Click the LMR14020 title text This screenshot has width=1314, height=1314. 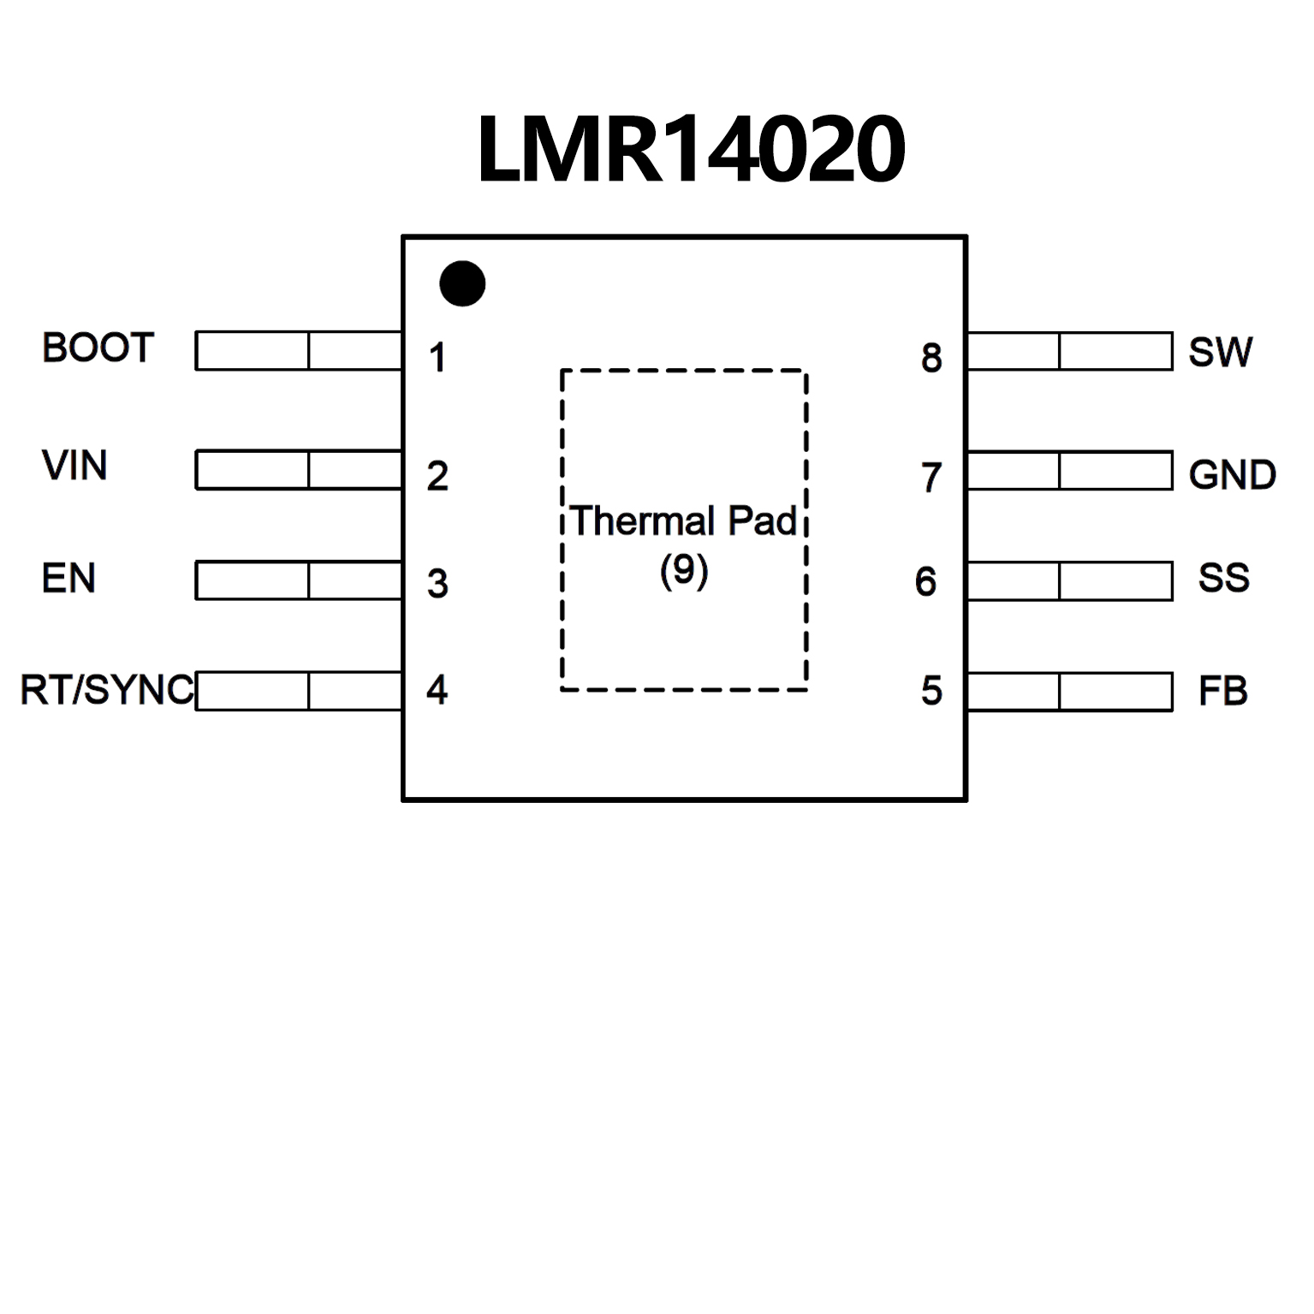click(690, 150)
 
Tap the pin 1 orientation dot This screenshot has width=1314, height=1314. click(462, 283)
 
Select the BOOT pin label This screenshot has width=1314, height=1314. click(98, 348)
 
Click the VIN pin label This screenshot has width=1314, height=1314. click(74, 466)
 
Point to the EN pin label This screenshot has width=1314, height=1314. click(68, 579)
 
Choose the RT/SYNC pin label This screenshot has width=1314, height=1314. click(107, 690)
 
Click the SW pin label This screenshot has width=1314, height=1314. click(1220, 352)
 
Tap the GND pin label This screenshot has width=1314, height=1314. click(1232, 475)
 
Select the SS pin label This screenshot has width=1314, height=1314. click(1223, 579)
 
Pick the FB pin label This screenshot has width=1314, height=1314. click(1222, 692)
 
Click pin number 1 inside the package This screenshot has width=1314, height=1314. click(437, 358)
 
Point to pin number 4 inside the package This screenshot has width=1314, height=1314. click(437, 690)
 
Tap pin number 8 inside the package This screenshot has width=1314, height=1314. click(931, 358)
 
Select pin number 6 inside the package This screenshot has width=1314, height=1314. click(925, 582)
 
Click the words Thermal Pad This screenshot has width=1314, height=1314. click(684, 521)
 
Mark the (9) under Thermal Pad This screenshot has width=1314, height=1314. click(684, 570)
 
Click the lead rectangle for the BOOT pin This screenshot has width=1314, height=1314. click(299, 351)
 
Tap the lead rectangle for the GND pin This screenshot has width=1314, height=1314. click(1069, 471)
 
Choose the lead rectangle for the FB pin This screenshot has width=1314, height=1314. click(1069, 692)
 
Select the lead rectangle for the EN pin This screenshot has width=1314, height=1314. click(299, 580)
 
